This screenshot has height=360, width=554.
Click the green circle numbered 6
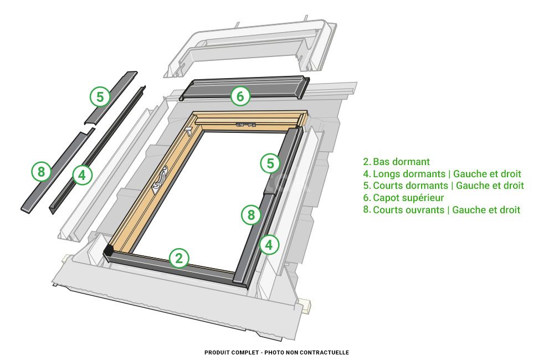click(240, 96)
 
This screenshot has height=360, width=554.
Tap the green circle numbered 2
click(178, 258)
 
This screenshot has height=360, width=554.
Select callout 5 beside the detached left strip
click(99, 97)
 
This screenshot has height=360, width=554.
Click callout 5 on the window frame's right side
click(270, 163)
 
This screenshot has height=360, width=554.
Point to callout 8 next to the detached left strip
click(40, 172)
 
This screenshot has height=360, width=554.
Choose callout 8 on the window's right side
click(251, 214)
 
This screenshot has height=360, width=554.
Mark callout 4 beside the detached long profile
click(82, 176)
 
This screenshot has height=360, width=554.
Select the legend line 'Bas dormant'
click(396, 162)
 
